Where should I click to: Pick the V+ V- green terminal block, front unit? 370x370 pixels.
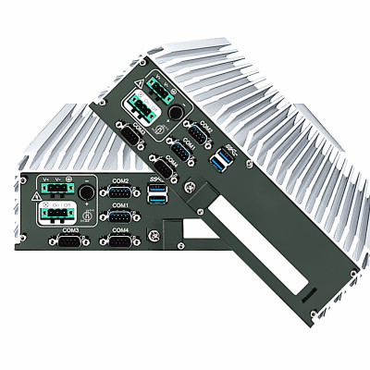pos(55,191)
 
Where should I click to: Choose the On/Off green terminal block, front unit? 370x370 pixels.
pos(55,215)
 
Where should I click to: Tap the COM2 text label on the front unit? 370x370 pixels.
pos(119,180)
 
